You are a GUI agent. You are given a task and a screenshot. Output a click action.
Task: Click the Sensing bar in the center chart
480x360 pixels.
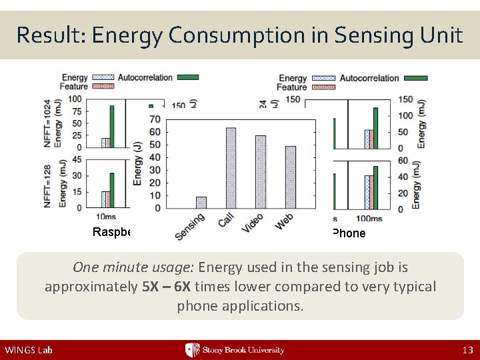click(x=201, y=202)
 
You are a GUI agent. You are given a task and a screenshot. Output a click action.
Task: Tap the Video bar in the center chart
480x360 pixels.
click(x=261, y=171)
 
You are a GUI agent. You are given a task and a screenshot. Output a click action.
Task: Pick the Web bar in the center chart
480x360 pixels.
click(x=291, y=177)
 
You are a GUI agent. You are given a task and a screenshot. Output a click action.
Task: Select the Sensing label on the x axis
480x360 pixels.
click(x=191, y=227)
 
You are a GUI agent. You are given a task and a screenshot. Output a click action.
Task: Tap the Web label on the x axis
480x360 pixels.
click(x=285, y=222)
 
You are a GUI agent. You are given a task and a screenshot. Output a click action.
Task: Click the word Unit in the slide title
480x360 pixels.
click(x=439, y=35)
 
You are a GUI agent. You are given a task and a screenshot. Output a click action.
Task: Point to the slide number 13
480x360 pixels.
click(x=467, y=350)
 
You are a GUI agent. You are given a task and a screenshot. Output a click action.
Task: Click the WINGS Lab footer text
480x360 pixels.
click(x=29, y=350)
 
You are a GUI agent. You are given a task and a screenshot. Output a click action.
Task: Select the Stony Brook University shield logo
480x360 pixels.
click(x=192, y=350)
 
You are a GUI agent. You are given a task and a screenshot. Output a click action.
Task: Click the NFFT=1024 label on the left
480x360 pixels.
click(x=48, y=124)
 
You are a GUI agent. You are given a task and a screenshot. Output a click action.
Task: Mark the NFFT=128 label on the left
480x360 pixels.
click(x=48, y=182)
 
